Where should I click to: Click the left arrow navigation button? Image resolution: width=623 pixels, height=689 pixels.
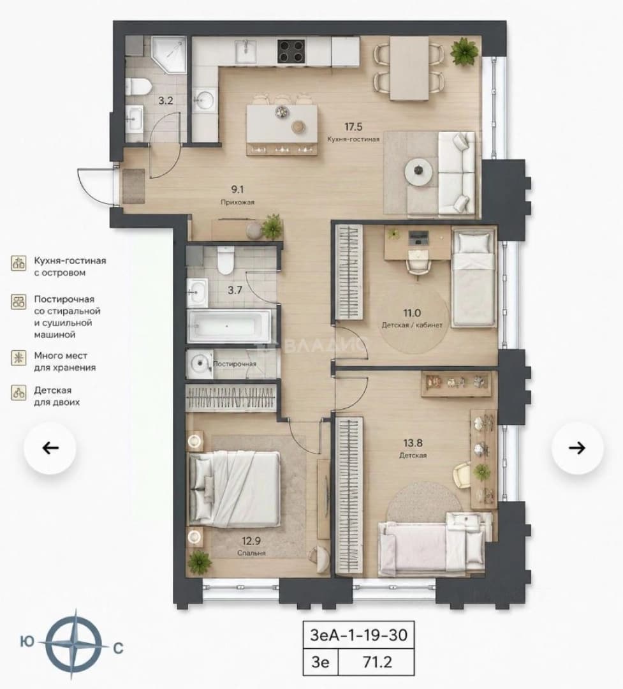[50, 448]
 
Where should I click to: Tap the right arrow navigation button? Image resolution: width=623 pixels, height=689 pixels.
[577, 448]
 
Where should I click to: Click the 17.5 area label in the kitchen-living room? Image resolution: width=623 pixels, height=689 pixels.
[353, 127]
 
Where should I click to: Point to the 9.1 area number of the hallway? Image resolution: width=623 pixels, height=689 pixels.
[237, 189]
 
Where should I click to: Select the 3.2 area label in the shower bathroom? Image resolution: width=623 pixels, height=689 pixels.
[166, 100]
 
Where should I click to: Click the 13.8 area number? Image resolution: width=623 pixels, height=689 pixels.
[413, 443]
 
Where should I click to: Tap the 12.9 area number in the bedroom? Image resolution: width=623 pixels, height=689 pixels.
[251, 541]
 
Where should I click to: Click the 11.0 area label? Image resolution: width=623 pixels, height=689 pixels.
[412, 313]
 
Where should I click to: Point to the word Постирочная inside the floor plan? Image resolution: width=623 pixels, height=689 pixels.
[235, 364]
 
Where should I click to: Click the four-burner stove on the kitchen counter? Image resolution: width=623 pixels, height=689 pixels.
[291, 51]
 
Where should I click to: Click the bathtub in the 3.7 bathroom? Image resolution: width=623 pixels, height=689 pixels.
[230, 326]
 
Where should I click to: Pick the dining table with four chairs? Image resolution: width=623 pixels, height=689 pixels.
[409, 68]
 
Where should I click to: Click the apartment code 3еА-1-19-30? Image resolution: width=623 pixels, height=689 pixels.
[358, 635]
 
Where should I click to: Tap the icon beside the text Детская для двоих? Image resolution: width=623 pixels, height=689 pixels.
[18, 392]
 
